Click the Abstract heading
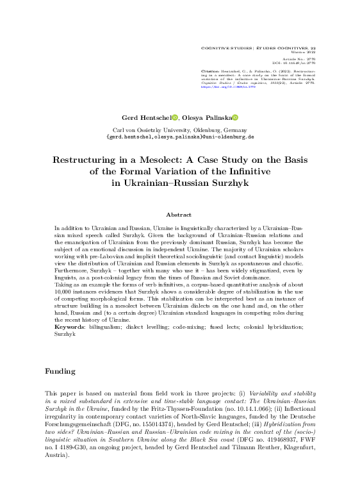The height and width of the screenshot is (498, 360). click(179, 215)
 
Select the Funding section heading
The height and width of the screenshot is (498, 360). click(60, 372)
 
